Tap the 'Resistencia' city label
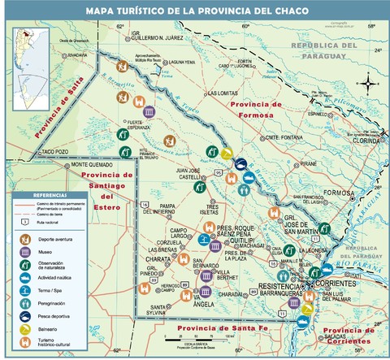click(x=279, y=287)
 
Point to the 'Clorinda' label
click(x=367, y=140)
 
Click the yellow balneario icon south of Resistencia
click(x=307, y=309)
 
